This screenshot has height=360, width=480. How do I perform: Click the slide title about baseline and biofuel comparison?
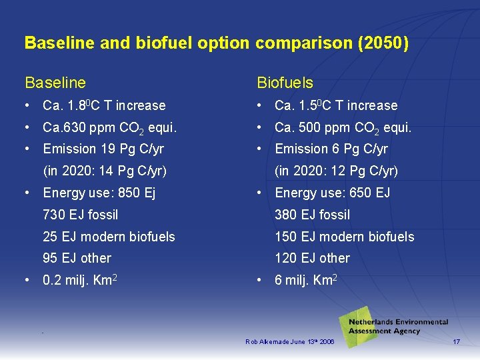216,43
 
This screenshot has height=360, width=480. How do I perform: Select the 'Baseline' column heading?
55,83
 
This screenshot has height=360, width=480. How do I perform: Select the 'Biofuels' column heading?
285,83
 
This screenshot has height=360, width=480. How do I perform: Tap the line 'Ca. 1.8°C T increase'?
104,105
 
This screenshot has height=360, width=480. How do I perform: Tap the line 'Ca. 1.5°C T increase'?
336,105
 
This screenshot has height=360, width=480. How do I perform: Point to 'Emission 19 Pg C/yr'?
103,149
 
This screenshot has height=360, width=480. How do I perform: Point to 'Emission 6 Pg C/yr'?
331,149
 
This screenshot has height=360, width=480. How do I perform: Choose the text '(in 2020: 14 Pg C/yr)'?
105,171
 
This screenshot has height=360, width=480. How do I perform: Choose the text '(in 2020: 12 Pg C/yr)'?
337,171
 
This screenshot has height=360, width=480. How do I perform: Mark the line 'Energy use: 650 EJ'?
332,193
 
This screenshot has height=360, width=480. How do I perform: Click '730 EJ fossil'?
80,215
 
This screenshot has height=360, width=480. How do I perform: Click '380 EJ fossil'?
313,215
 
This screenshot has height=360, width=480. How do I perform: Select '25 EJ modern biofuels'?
109,237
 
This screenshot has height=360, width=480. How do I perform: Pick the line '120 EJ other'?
313,258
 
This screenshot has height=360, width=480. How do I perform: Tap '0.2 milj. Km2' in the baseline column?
81,280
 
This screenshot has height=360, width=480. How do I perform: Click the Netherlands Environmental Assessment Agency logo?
393,326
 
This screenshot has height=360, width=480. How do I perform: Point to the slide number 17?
457,341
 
